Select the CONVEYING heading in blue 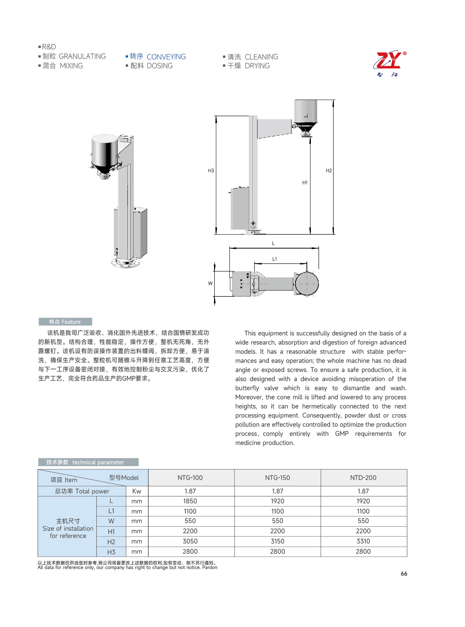click(x=166, y=57)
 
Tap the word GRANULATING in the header click(x=82, y=57)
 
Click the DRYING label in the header click(x=257, y=66)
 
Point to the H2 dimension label click(x=329, y=171)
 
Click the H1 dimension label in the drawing click(x=305, y=183)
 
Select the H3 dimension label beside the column click(x=211, y=171)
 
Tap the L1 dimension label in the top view click(x=275, y=259)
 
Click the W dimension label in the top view click(x=210, y=284)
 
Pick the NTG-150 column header click(x=278, y=478)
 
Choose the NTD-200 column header click(x=363, y=478)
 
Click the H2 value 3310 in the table click(x=363, y=541)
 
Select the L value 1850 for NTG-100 click(x=190, y=501)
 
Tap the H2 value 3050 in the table click(x=190, y=541)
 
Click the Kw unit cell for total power click(x=137, y=491)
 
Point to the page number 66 click(x=404, y=574)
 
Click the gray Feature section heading click(x=65, y=322)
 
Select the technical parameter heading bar click(x=88, y=462)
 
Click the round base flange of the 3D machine click(x=126, y=263)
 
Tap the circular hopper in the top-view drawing click(x=307, y=284)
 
